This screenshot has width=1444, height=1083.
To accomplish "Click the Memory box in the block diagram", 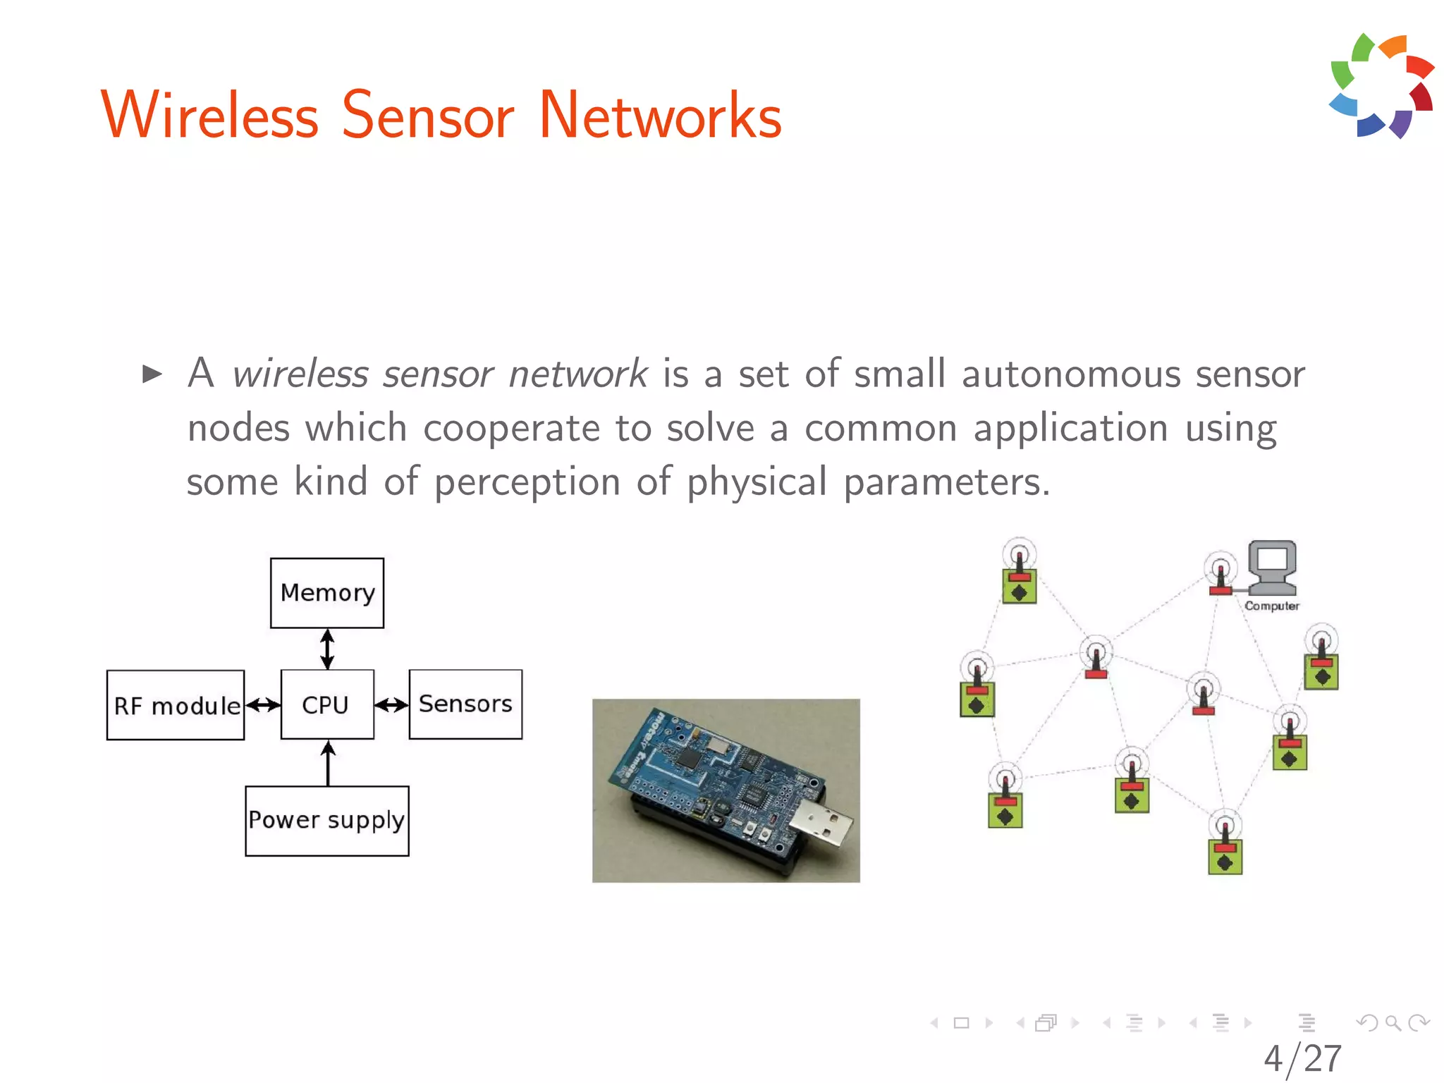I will [x=327, y=593].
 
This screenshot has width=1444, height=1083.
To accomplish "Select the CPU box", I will [x=327, y=704].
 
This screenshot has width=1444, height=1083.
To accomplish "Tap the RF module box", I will [x=176, y=705].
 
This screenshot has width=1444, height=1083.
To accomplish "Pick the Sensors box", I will [x=465, y=704].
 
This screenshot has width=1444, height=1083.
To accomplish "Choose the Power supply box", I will [x=327, y=821].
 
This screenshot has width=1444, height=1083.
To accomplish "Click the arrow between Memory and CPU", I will [x=327, y=649].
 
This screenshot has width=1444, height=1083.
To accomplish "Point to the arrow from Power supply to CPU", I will [x=328, y=763].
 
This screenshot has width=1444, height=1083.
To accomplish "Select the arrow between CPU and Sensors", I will [x=391, y=704].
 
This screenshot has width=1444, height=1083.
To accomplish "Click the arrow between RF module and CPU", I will [x=263, y=704].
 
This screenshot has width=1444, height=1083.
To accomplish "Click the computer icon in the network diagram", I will [x=1272, y=568].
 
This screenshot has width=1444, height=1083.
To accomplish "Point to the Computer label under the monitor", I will [x=1271, y=606].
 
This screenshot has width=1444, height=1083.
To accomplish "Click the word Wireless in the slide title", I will [x=210, y=116].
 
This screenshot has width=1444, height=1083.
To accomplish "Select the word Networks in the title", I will [x=660, y=116].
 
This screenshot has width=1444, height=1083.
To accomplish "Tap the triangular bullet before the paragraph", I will [x=152, y=374].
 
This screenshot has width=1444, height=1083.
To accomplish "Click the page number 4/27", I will [x=1302, y=1058].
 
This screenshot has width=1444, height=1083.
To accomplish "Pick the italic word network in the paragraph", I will [x=577, y=374].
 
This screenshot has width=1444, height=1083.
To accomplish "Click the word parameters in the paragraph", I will [x=946, y=482].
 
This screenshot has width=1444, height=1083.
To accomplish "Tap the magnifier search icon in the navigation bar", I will [x=1393, y=1022].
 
